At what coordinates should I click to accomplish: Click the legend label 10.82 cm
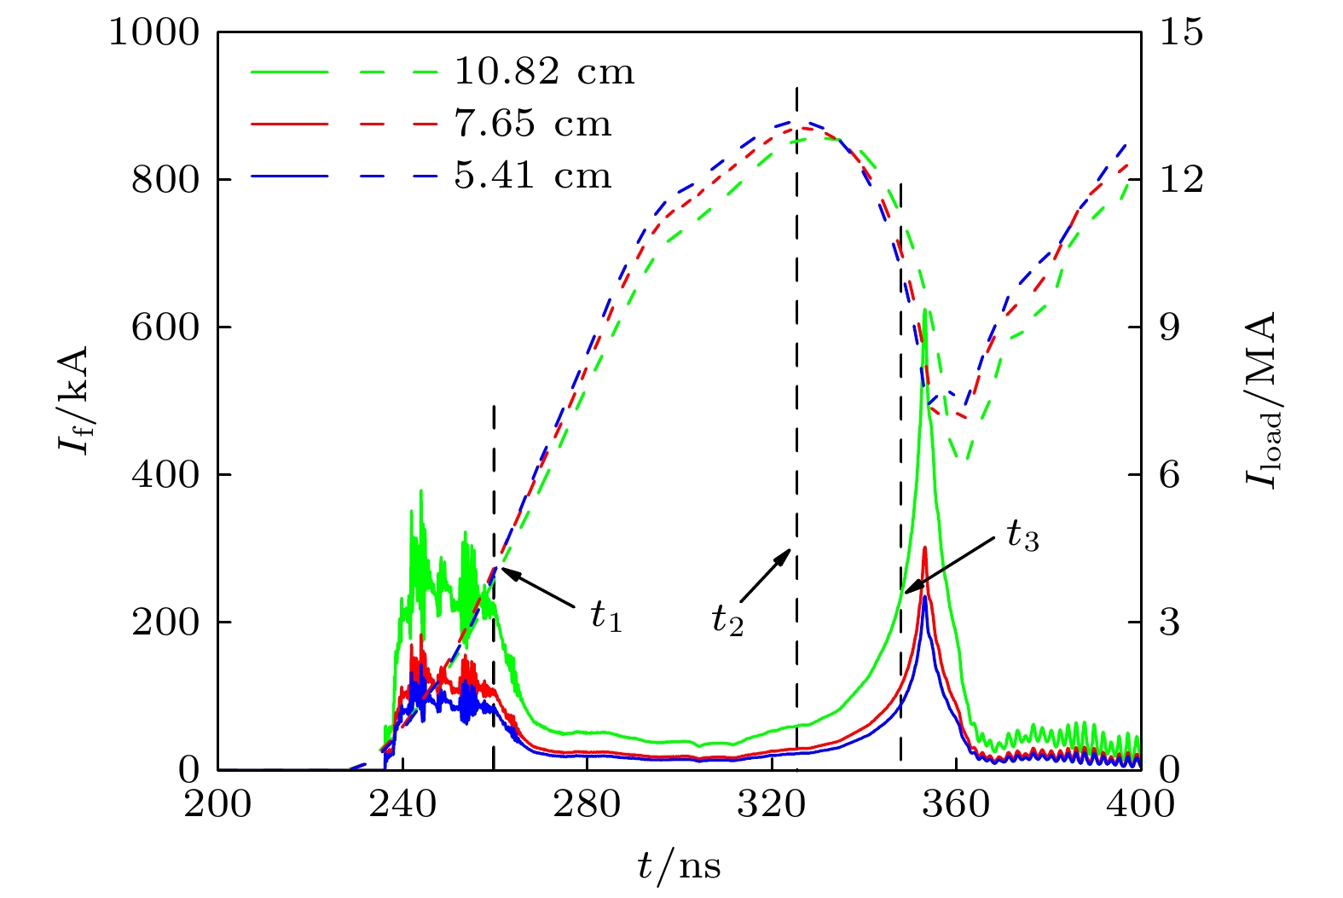tap(544, 72)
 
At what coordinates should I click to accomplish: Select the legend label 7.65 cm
tap(532, 125)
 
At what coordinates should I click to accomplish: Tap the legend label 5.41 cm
tap(532, 177)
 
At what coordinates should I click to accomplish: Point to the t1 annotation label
tap(606, 616)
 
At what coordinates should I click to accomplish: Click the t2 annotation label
tap(727, 620)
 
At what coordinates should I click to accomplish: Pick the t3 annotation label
tap(1022, 536)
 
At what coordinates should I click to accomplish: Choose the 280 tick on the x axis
tap(587, 804)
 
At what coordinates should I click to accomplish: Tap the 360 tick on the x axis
tap(956, 804)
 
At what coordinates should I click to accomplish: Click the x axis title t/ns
tap(679, 866)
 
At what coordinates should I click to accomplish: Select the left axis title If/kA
tap(75, 401)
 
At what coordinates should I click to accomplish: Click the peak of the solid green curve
tap(925, 310)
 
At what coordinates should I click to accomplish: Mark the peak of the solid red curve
tap(925, 547)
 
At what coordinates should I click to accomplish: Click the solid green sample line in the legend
tap(288, 72)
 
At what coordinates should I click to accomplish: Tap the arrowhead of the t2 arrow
tap(790, 552)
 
